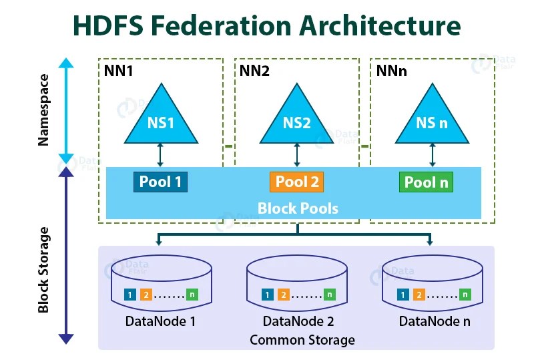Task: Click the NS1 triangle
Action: coord(160,120)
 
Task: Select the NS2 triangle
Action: coord(297,120)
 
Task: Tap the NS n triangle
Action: coord(431,120)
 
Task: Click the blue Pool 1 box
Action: coord(160,182)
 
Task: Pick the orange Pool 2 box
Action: coord(297,182)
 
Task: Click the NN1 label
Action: coord(119,69)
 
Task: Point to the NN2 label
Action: coord(254,69)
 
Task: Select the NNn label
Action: coord(391,69)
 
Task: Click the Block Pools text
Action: coord(298,208)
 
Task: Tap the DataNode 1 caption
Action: coord(160,321)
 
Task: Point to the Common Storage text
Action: coord(302,340)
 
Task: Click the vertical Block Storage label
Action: coord(43,270)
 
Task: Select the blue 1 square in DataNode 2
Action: coord(267,295)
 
